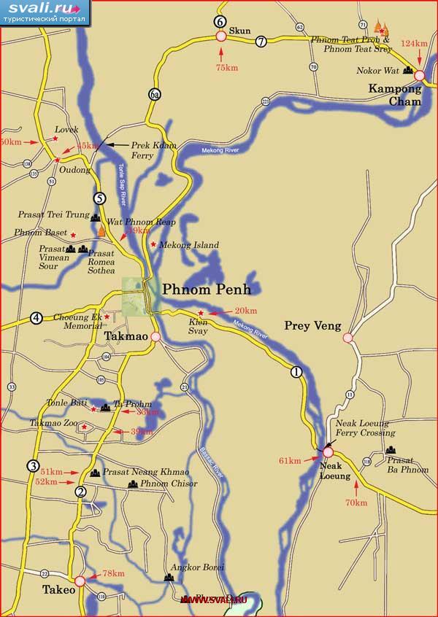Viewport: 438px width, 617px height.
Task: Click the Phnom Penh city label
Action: [x=206, y=290]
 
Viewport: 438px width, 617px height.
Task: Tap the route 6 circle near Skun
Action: [x=220, y=21]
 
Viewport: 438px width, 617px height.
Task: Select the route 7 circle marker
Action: [x=261, y=42]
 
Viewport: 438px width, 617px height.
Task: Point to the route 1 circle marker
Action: [x=296, y=371]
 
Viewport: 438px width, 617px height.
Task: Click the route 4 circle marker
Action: [x=36, y=317]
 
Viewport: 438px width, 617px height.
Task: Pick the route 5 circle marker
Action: [x=100, y=198]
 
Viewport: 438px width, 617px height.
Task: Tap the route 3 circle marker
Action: [x=33, y=466]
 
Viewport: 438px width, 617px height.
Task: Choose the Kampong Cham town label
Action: [x=395, y=96]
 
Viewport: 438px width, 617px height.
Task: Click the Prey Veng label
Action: [x=312, y=326]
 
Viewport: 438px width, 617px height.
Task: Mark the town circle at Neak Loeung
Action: [x=328, y=452]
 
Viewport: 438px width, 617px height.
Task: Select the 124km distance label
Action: [x=414, y=44]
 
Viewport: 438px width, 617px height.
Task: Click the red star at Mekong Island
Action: [x=153, y=244]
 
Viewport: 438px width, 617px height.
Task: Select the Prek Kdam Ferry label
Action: [x=151, y=150]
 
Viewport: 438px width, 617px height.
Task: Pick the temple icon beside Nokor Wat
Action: [x=408, y=71]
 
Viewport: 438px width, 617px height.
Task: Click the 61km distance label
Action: [x=290, y=460]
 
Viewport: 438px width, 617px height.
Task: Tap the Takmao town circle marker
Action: [x=155, y=337]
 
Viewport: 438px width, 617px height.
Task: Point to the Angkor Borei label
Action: [x=196, y=567]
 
